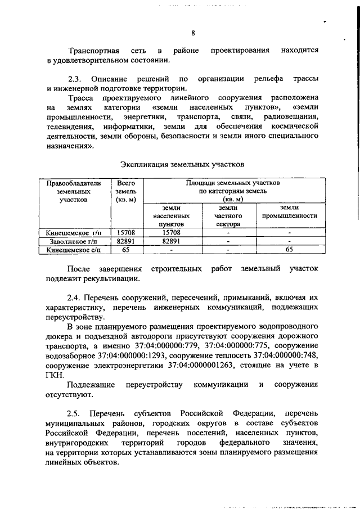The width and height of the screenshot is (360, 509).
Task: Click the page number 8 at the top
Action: coord(192,32)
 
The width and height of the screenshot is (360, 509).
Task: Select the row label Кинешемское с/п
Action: coord(70,249)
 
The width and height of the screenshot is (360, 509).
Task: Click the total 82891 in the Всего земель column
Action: coord(124,241)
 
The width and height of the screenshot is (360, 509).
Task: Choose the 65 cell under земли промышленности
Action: coord(289,249)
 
